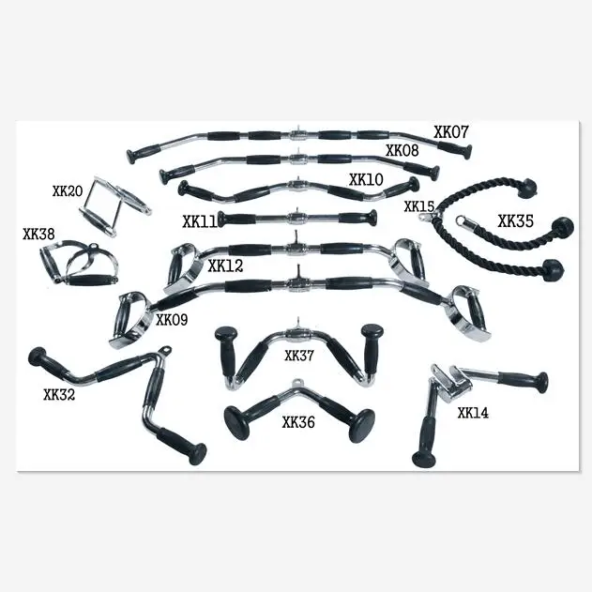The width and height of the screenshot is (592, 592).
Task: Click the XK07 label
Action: [451, 132]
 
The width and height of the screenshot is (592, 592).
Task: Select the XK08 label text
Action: [402, 150]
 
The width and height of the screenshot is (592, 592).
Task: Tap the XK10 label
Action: [366, 179]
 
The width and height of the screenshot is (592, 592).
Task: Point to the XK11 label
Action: [201, 222]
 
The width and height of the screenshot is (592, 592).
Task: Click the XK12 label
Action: [225, 266]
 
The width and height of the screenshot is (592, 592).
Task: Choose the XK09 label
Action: [172, 320]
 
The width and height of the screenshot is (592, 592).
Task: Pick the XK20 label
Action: [68, 191]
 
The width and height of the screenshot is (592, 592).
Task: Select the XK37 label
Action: [299, 356]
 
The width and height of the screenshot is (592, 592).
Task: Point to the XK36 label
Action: [298, 422]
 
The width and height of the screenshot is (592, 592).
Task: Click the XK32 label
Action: [59, 394]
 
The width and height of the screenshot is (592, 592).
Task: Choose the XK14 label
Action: [472, 412]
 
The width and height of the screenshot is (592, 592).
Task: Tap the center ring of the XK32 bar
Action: [167, 354]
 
